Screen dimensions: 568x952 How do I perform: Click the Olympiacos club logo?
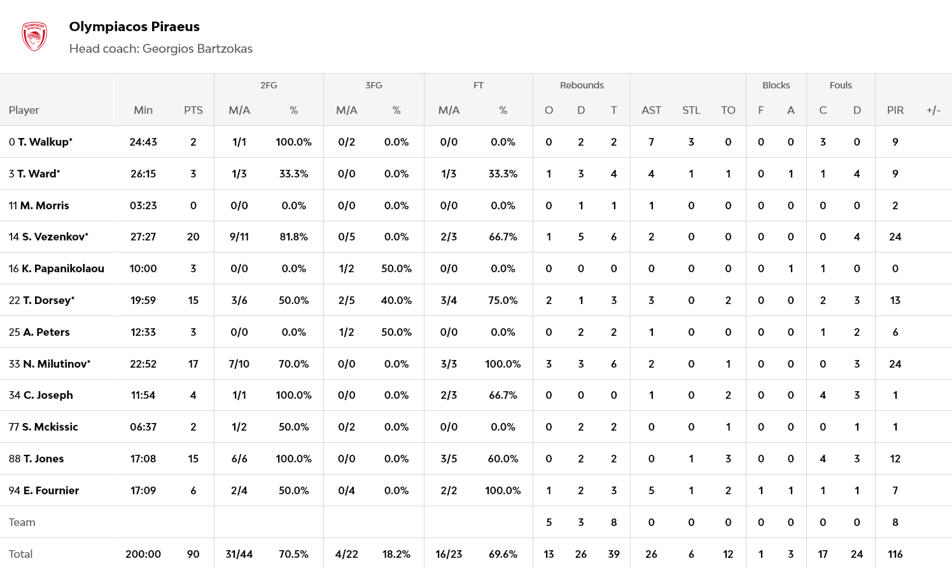click(34, 37)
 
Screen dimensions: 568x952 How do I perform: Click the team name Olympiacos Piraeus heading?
click(134, 27)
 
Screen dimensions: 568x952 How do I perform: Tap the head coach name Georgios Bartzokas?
click(197, 49)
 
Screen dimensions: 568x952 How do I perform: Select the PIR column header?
click(895, 110)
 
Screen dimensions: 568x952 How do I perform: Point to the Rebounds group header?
click(581, 85)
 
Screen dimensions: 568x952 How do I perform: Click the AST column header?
click(651, 110)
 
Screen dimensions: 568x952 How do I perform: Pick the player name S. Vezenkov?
click(55, 237)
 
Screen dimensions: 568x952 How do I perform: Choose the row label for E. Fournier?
click(44, 490)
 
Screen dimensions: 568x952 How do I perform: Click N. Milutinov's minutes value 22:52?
click(143, 364)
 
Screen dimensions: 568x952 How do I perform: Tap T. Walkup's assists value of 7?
click(651, 142)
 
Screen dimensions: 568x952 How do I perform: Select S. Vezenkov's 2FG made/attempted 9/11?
click(239, 237)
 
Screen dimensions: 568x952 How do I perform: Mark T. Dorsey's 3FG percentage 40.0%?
click(396, 300)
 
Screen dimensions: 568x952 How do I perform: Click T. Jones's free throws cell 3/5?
click(449, 459)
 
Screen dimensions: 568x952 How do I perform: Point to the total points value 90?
click(193, 554)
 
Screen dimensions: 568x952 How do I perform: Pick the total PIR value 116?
click(895, 554)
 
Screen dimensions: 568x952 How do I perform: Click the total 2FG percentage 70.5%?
click(293, 554)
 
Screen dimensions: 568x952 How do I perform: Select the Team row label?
click(22, 522)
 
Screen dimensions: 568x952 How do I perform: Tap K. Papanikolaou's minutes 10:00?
click(143, 268)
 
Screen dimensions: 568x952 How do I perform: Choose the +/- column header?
click(933, 110)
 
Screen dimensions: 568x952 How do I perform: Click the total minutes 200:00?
click(143, 554)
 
